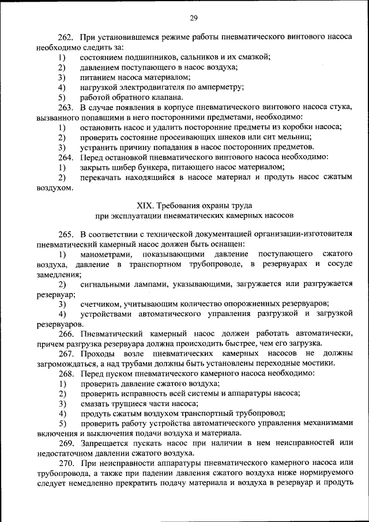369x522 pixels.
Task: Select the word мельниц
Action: coord(296,137)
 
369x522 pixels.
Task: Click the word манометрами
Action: coord(106,254)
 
